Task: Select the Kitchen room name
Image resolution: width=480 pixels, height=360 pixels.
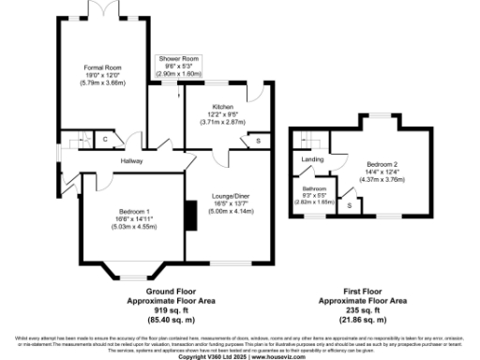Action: tap(221, 108)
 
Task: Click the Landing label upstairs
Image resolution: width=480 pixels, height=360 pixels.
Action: tap(312, 159)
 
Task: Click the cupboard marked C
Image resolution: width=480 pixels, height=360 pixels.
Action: tap(106, 141)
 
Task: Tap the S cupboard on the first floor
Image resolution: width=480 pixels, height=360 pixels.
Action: tap(350, 203)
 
